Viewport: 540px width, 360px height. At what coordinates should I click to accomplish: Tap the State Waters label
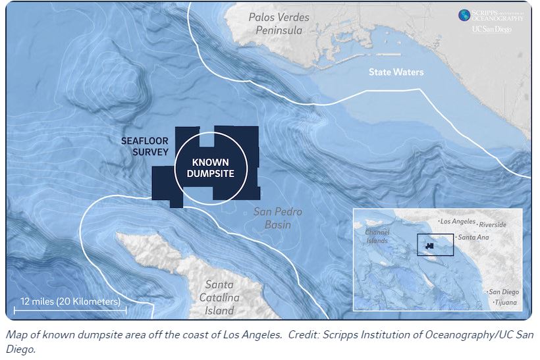396,72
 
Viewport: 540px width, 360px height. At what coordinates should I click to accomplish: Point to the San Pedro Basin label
278,219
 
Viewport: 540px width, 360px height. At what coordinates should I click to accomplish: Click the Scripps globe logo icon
464,14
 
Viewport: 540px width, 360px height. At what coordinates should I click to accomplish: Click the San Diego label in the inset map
503,292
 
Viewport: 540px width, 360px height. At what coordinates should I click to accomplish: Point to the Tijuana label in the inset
506,303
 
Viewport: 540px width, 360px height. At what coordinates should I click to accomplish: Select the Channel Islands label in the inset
377,236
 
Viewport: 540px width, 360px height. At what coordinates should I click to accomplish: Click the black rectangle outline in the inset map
435,244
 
